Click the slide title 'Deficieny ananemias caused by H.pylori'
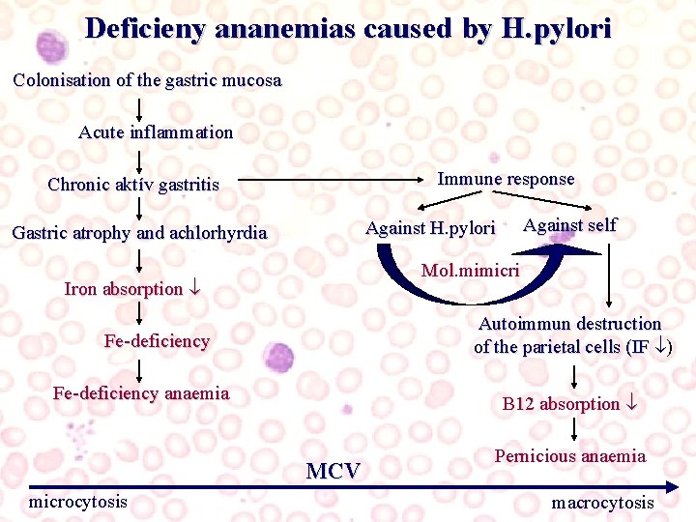(348, 28)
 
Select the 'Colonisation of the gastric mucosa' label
(147, 80)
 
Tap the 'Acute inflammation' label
(156, 132)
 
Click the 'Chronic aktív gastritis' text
(133, 184)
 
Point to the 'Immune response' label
(506, 179)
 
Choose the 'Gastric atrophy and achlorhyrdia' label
(138, 233)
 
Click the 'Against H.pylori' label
(430, 229)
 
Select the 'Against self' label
(569, 225)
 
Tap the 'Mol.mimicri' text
(471, 270)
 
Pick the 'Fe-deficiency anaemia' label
(141, 393)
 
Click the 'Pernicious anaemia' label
(570, 455)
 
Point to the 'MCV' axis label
(333, 472)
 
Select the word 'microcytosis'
(77, 501)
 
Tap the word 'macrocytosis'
(602, 502)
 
